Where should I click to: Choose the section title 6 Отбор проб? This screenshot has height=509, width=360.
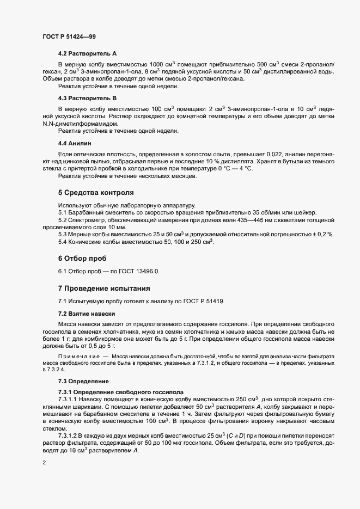coord(82,257)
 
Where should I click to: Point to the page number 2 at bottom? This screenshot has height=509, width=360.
coord(44,463)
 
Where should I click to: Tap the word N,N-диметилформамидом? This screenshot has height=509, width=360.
coord(79,125)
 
